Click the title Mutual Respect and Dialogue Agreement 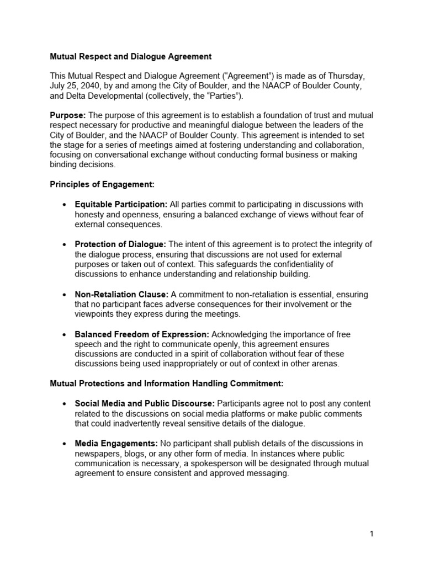pyautogui.click(x=131, y=56)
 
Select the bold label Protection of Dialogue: pyautogui.click(x=120, y=244)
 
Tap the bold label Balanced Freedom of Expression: pyautogui.click(x=142, y=334)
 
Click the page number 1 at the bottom pyautogui.click(x=372, y=534)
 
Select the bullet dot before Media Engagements pyautogui.click(x=65, y=444)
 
